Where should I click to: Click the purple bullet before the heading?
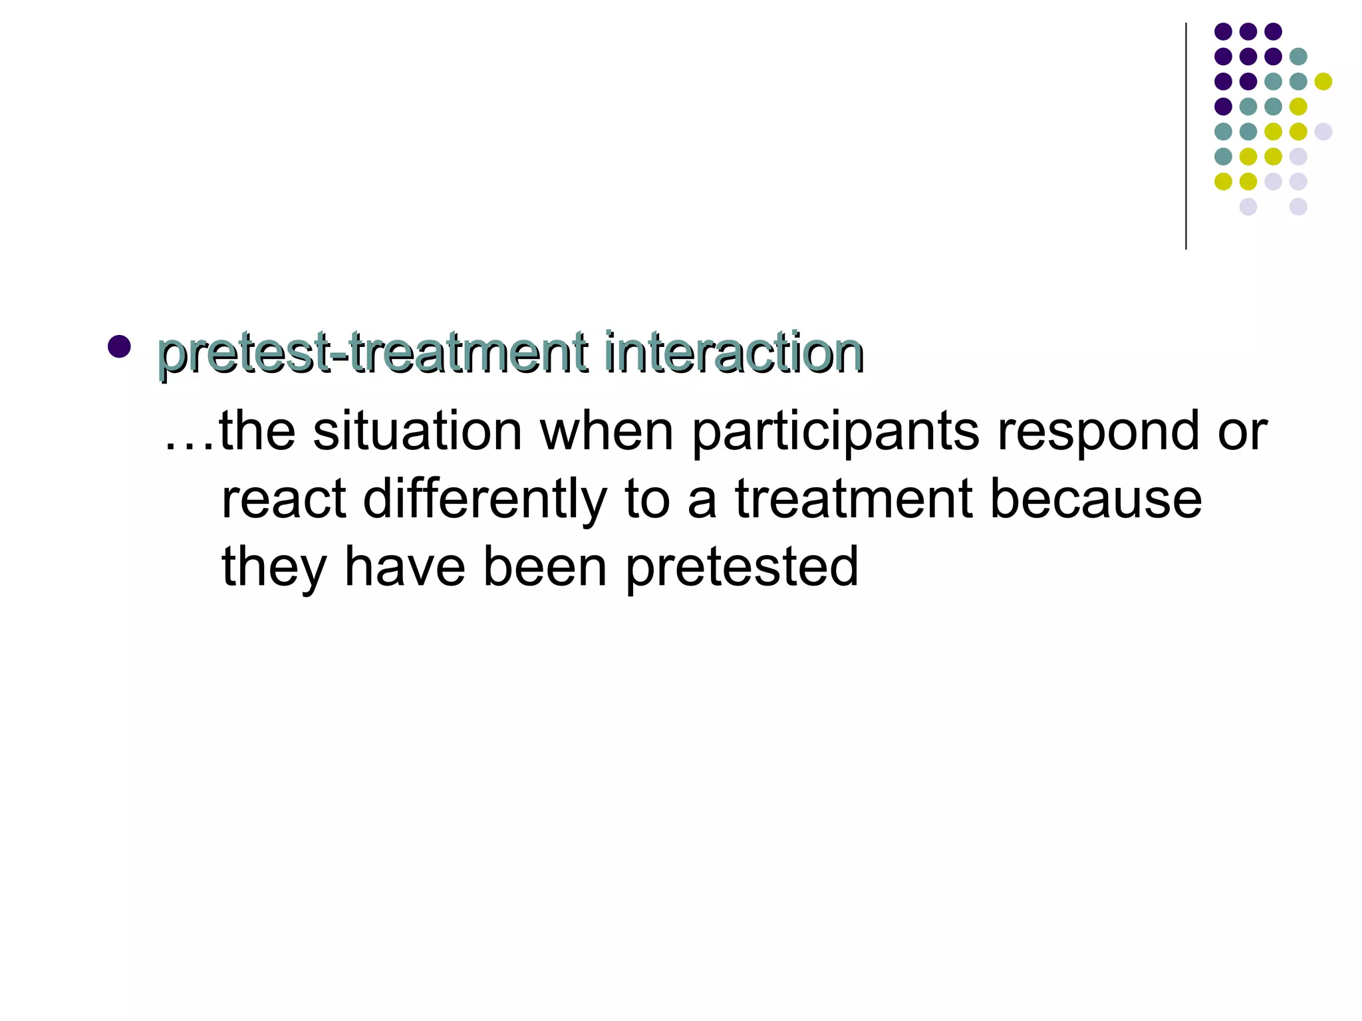[119, 346]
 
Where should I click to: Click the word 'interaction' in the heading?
[734, 353]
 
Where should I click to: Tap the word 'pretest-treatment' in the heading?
[373, 353]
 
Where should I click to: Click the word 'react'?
[284, 500]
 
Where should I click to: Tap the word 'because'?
[1096, 500]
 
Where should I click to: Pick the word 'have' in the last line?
[404, 568]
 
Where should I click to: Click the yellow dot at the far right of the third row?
[1323, 82]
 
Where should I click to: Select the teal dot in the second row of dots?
[1297, 57]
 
